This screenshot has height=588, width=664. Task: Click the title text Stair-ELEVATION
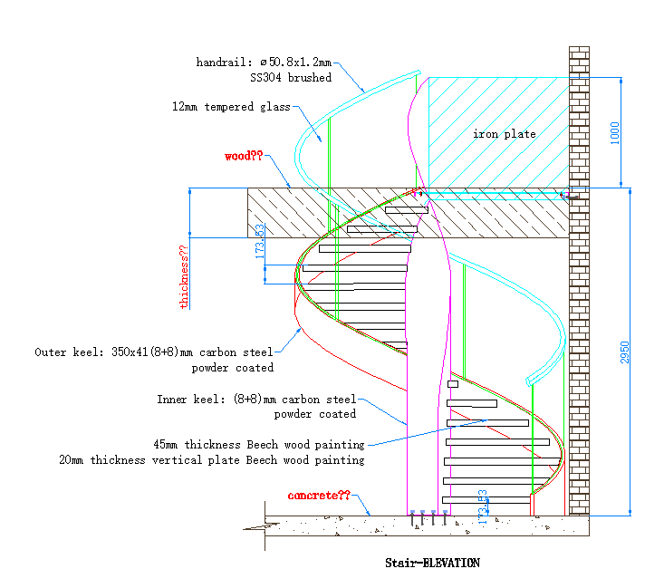pos(431,563)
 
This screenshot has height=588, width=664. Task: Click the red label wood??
pos(244,156)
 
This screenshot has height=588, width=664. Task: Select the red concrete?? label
pos(318,496)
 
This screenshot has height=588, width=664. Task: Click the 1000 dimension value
pos(616,132)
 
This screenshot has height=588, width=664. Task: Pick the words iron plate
pos(505,134)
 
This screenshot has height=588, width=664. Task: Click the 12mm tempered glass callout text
pos(231,107)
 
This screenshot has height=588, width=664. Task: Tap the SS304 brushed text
pos(291,78)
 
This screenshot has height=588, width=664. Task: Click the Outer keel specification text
pos(153,352)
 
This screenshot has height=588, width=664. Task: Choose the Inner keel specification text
pos(256,399)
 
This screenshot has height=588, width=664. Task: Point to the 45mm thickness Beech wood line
pos(259,445)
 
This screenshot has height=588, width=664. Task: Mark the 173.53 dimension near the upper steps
pos(260,244)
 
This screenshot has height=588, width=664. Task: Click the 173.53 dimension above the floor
pos(483,507)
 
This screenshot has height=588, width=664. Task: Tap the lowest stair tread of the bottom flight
pos(486,500)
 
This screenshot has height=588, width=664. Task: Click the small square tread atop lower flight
pos(453,384)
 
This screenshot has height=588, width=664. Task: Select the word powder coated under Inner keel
pos(314,414)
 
